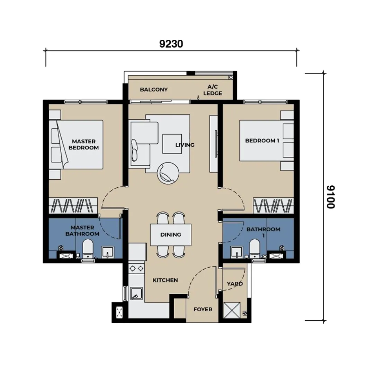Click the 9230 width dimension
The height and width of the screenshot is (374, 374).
pyautogui.click(x=171, y=44)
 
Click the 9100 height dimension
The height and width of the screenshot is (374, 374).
pyautogui.click(x=331, y=197)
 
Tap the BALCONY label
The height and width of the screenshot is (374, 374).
pyautogui.click(x=154, y=89)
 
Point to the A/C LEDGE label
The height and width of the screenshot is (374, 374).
pyautogui.click(x=213, y=90)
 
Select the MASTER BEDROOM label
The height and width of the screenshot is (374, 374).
pyautogui.click(x=84, y=144)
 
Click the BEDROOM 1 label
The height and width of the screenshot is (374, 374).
pyautogui.click(x=262, y=141)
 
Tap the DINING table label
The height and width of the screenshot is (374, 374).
pyautogui.click(x=170, y=234)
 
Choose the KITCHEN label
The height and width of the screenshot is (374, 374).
pyautogui.click(x=165, y=280)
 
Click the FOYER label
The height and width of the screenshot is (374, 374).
pyautogui.click(x=203, y=309)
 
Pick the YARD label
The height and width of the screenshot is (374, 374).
pyautogui.click(x=235, y=284)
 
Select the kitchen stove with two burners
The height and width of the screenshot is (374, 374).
pyautogui.click(x=136, y=269)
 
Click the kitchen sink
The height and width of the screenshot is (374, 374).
pyautogui.click(x=136, y=293)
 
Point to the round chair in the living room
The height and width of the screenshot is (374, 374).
pyautogui.click(x=168, y=173)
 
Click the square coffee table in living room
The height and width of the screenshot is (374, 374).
pyautogui.click(x=172, y=144)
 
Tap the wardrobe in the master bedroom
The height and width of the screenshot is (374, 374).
pyautogui.click(x=73, y=205)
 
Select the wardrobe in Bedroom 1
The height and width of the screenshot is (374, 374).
pyautogui.click(x=273, y=205)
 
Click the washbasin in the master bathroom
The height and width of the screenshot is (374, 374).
pyautogui.click(x=108, y=252)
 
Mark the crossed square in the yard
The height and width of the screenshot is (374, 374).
pyautogui.click(x=232, y=310)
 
